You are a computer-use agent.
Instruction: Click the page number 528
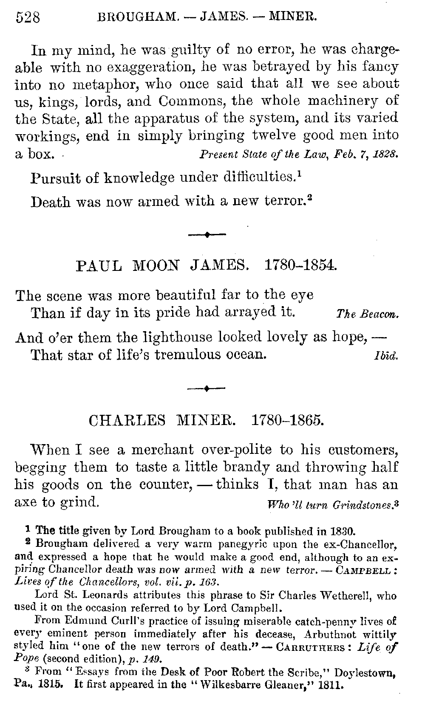27,17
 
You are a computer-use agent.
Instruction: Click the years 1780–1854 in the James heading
300,266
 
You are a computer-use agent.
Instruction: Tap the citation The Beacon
367,315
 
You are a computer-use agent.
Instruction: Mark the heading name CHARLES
127,420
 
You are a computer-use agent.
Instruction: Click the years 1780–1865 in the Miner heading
288,420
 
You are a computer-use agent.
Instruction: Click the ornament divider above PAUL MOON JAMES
207,234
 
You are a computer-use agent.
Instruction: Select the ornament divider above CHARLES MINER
207,388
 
